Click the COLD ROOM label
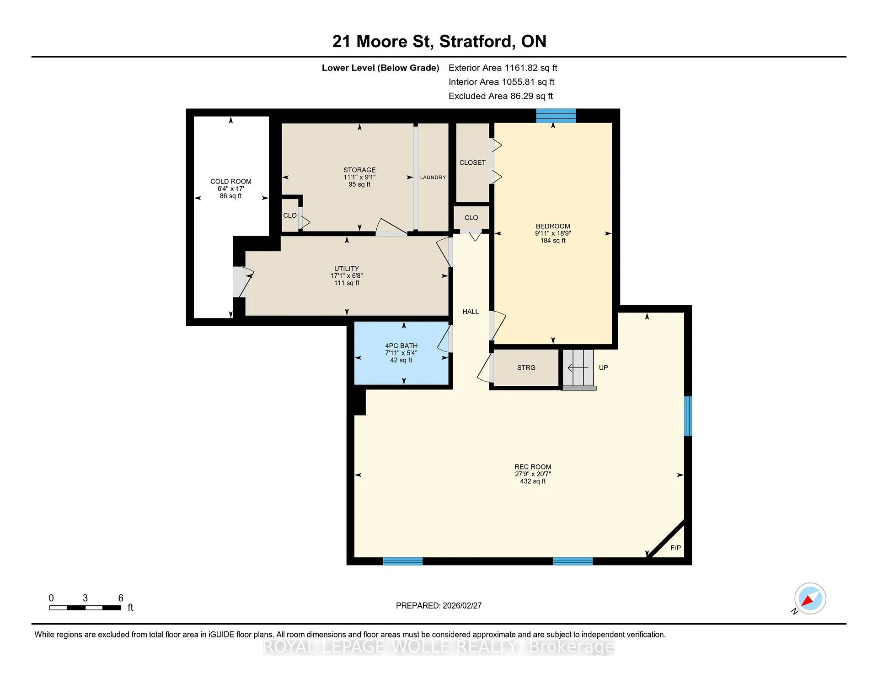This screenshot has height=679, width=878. (x=230, y=181)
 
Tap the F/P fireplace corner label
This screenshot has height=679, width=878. (x=675, y=548)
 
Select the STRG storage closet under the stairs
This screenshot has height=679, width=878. (x=526, y=368)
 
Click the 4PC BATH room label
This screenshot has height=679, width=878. (x=401, y=346)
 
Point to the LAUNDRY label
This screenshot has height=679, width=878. (x=433, y=177)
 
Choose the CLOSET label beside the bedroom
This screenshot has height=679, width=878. (x=472, y=162)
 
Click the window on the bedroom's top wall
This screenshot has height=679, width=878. (x=556, y=116)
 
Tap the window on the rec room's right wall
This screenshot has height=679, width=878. (x=688, y=416)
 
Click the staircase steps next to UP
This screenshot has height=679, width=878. (x=578, y=368)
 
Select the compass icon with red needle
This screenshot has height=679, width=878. (x=810, y=598)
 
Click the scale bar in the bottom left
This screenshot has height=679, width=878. (x=85, y=608)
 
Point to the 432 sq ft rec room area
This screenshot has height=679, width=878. (x=533, y=481)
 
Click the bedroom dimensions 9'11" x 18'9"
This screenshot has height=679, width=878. (x=553, y=233)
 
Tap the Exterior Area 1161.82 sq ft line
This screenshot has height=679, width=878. (x=503, y=68)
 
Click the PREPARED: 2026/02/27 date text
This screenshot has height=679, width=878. (x=439, y=605)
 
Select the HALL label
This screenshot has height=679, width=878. (x=471, y=312)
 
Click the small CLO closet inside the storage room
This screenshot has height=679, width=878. (x=290, y=215)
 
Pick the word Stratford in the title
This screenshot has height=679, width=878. (x=476, y=42)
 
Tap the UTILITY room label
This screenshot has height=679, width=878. (x=347, y=269)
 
